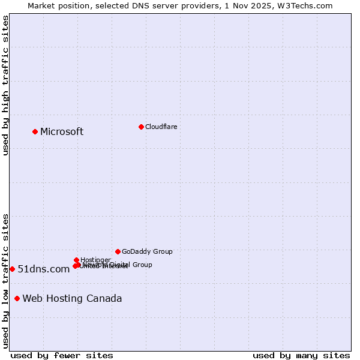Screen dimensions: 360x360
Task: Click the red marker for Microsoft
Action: pos(35,131)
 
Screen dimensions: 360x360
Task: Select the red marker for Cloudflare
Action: pos(141,127)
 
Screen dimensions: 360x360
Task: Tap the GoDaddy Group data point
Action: pos(118,251)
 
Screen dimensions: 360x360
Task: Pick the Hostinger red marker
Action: pos(76,260)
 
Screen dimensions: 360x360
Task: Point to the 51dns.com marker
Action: pos(12,269)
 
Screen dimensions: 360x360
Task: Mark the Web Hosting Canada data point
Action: pos(17,298)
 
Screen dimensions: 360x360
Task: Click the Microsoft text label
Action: pos(62,132)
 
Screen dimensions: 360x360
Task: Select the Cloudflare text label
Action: pos(161,127)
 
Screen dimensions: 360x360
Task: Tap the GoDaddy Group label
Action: pos(147,251)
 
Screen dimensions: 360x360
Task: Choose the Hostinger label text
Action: pos(95,260)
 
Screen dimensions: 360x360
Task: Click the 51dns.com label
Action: pos(44,269)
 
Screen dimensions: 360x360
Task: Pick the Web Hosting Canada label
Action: pos(72,299)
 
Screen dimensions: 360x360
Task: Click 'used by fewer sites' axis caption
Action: pos(62,355)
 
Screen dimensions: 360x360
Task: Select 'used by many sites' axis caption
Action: pos(301,355)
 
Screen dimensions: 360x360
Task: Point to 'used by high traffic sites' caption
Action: pos(6,85)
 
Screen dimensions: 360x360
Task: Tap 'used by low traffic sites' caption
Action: pos(6,280)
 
